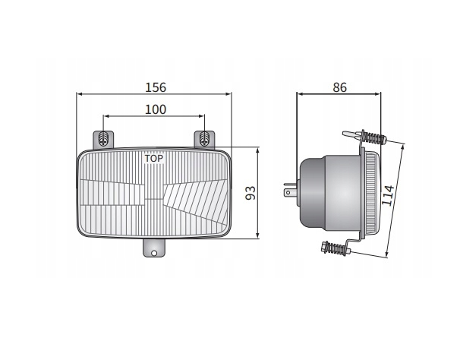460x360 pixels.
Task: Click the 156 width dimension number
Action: pyautogui.click(x=156, y=87)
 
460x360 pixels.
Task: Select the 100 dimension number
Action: pyautogui.click(x=156, y=109)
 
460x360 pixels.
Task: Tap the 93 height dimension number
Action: pyautogui.click(x=250, y=193)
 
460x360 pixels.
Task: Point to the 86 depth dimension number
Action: pyautogui.click(x=340, y=87)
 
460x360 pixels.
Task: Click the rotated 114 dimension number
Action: pyautogui.click(x=388, y=195)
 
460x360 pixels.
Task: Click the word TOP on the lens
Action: pyautogui.click(x=154, y=159)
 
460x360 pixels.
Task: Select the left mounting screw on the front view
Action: pyautogui.click(x=103, y=139)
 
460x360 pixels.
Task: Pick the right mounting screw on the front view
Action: pyautogui.click(x=204, y=139)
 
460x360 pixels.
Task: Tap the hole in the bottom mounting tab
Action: pyautogui.click(x=154, y=253)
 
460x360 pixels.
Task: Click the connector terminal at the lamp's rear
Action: pyautogui.click(x=290, y=190)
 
